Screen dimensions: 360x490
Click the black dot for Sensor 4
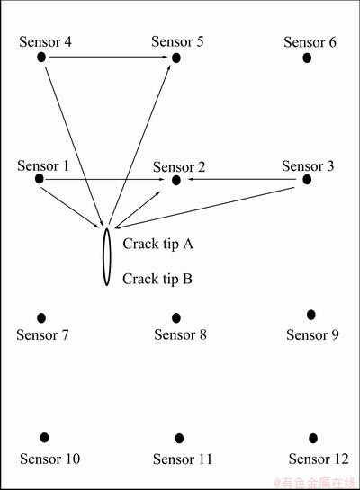click(x=41, y=58)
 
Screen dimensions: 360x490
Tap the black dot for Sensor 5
click(x=176, y=58)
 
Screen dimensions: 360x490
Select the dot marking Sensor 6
click(x=307, y=58)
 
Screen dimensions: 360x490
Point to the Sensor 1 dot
click(x=39, y=179)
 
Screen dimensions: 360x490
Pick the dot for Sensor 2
click(x=176, y=180)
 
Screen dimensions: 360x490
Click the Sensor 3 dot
click(x=307, y=180)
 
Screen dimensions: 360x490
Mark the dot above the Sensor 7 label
click(x=41, y=318)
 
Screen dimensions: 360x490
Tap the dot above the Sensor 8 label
click(x=176, y=318)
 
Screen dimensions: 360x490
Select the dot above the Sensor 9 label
click(x=310, y=315)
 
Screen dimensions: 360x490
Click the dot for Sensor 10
click(x=44, y=438)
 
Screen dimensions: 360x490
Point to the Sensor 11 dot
click(x=179, y=439)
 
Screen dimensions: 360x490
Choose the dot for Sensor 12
click(x=313, y=439)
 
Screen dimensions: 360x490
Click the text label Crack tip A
click(x=157, y=244)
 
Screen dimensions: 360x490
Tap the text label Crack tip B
click(x=157, y=279)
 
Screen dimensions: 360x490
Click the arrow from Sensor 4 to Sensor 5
click(x=109, y=57)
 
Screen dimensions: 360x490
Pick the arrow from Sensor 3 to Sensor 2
click(x=242, y=180)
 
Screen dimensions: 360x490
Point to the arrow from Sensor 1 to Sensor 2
click(x=104, y=180)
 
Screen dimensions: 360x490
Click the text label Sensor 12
click(x=319, y=459)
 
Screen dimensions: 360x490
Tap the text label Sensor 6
click(x=310, y=42)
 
